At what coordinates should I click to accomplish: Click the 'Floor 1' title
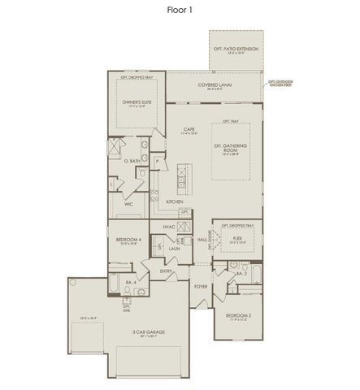[180, 9]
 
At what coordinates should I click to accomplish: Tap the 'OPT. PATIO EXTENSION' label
[236, 49]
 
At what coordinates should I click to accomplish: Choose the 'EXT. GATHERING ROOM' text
[230, 148]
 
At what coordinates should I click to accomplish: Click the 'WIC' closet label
[128, 204]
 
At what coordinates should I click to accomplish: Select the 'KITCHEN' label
[175, 201]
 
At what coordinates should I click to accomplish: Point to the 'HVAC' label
[170, 227]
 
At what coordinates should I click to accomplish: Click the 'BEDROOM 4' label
[129, 240]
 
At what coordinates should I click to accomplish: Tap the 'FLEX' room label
[236, 239]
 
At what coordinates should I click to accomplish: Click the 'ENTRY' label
[166, 271]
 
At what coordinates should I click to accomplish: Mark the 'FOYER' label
[200, 287]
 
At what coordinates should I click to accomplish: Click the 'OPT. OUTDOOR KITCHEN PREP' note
[280, 83]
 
